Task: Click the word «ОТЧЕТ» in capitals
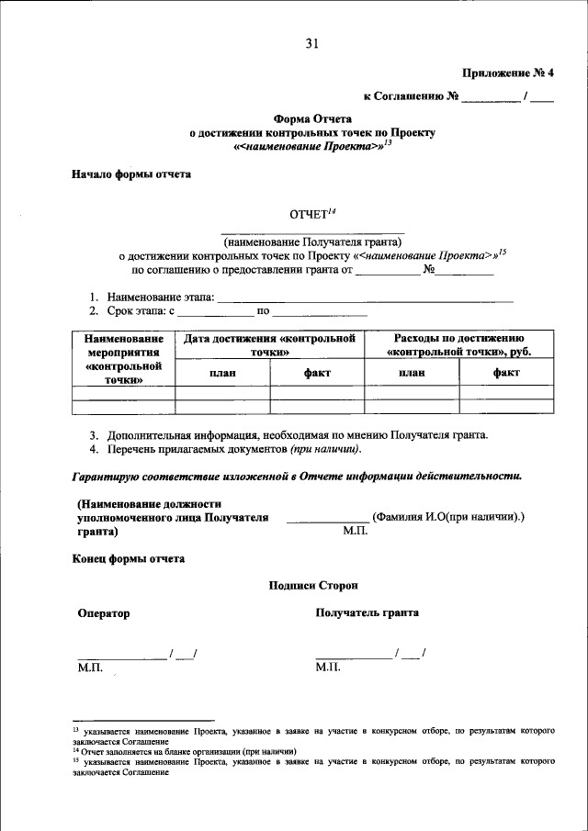tap(308, 215)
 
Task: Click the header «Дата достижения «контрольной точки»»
tap(270, 345)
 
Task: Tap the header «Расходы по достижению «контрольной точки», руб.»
tap(459, 345)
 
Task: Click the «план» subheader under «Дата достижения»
tap(222, 372)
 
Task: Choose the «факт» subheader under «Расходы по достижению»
tap(506, 372)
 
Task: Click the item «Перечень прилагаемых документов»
tap(234, 449)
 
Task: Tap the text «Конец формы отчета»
tap(128, 557)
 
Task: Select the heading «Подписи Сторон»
tap(313, 585)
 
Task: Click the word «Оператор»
tap(104, 612)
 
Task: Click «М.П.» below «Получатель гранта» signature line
tap(327, 667)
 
